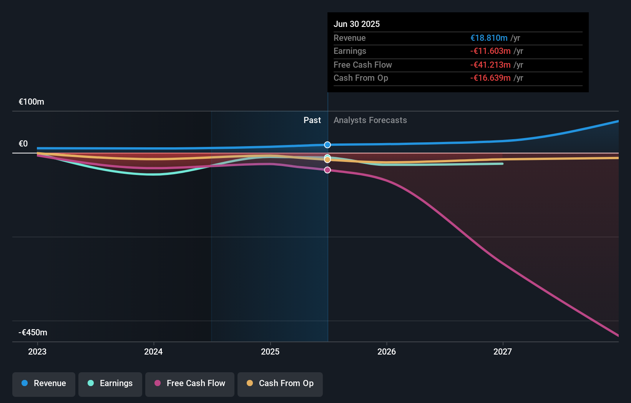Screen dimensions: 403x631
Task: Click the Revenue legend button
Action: tap(44, 383)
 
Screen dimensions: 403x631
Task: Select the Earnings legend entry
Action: tap(110, 383)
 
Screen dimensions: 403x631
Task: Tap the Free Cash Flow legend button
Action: tap(190, 383)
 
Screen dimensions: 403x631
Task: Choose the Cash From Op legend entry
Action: tap(280, 383)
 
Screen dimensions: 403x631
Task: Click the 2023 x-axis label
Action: tap(37, 351)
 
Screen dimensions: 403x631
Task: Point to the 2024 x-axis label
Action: tap(153, 351)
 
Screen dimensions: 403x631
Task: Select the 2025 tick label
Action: tap(270, 351)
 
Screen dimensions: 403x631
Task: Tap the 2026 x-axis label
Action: tap(387, 351)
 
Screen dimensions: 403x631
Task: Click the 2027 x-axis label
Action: tap(503, 351)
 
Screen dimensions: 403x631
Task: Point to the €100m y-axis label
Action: tap(32, 102)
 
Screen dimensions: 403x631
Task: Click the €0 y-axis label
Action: tap(23, 144)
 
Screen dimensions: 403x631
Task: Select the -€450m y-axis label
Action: tap(33, 333)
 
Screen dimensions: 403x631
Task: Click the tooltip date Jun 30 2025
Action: tap(357, 24)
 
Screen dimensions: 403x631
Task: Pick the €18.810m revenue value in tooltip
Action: tap(489, 38)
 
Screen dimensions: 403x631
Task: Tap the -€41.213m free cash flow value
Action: tap(490, 65)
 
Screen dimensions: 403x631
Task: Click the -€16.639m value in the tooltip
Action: tap(490, 78)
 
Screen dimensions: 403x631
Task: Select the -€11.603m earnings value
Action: tap(490, 51)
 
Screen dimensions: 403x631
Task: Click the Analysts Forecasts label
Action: tap(370, 120)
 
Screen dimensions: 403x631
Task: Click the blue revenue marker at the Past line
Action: tap(327, 145)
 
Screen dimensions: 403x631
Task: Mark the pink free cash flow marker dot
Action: tap(327, 170)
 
